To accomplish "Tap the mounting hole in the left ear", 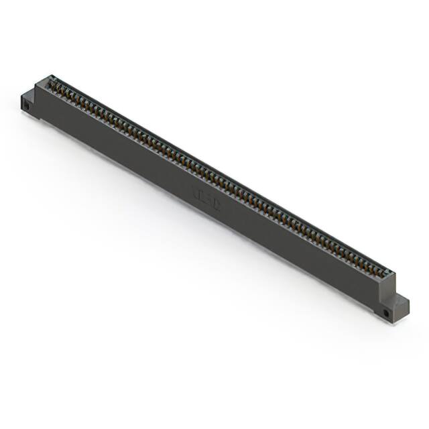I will pyautogui.click(x=27, y=106).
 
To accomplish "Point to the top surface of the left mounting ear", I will pyautogui.click(x=32, y=96).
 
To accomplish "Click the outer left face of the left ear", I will pyautogui.click(x=25, y=105).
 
